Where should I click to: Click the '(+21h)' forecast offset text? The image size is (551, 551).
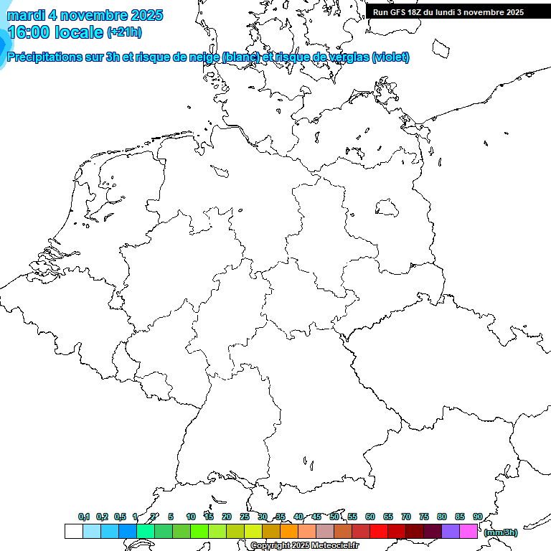tap(124, 32)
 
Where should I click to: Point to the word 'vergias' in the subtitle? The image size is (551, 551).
tap(347, 57)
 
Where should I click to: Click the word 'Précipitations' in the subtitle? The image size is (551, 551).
tap(45, 57)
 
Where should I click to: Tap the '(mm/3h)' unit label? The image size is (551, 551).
tap(501, 532)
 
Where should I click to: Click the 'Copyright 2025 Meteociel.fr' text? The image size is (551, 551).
tap(305, 546)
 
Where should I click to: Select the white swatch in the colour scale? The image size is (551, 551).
tap(73, 532)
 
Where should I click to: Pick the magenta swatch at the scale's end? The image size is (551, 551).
tap(468, 532)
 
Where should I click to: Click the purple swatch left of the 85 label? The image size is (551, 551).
tap(451, 532)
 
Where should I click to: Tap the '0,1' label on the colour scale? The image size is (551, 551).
tap(84, 517)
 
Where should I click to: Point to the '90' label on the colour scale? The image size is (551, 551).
tap(478, 517)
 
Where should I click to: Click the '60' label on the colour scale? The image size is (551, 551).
tap(370, 517)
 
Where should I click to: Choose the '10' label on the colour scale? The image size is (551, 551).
tap(191, 517)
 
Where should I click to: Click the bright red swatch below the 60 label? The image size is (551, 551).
tap(379, 532)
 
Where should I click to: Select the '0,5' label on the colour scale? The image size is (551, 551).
tap(120, 517)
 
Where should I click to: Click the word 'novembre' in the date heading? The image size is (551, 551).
tap(90, 15)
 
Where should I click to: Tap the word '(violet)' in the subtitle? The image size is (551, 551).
tap(391, 57)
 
